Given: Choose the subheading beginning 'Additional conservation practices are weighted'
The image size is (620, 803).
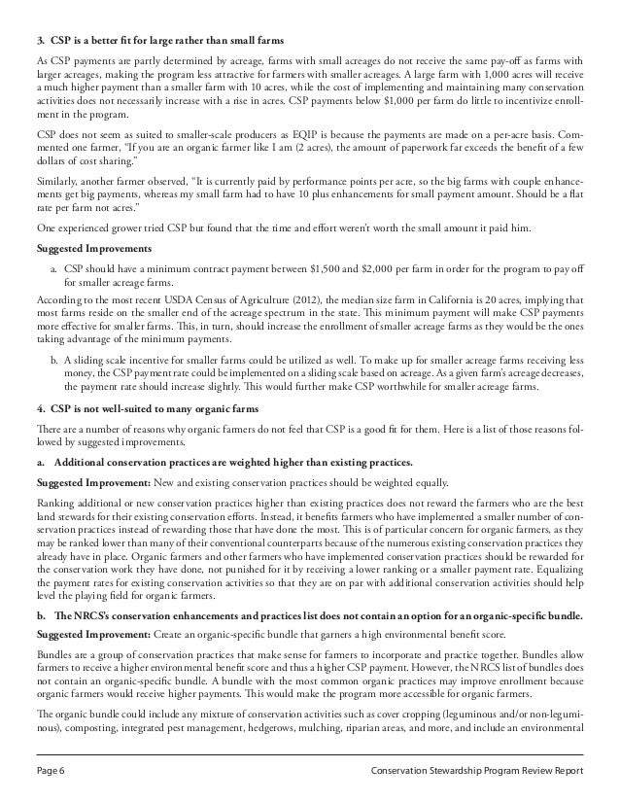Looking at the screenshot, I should pos(218,462).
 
